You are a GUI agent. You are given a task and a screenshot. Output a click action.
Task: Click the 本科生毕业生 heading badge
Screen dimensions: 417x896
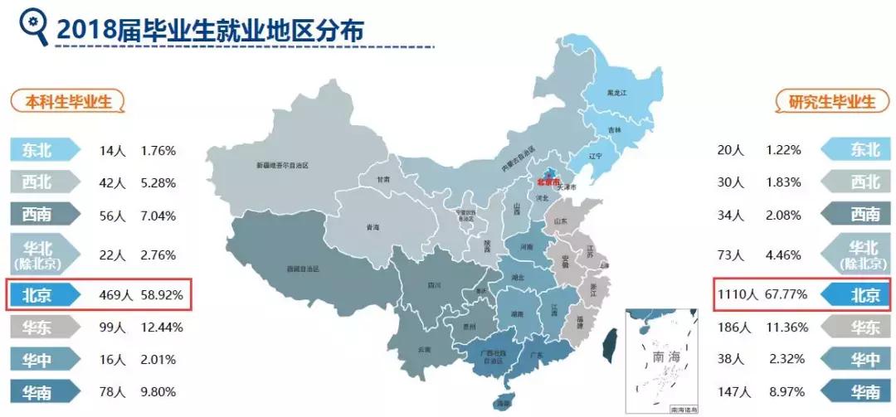tap(68, 101)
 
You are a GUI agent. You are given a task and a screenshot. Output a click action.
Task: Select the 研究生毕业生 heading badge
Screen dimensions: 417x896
tap(825, 101)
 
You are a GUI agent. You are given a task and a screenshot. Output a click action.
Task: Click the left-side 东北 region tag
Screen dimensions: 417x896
tap(43, 150)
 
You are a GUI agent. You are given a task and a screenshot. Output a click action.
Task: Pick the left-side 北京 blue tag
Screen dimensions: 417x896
tap(43, 294)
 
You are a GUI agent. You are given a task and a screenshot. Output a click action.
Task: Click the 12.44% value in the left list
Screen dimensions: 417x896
tap(163, 327)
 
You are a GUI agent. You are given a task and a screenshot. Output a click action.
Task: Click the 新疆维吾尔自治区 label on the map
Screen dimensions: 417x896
tap(282, 166)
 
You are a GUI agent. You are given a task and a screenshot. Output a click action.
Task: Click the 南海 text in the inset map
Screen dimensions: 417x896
tap(665, 357)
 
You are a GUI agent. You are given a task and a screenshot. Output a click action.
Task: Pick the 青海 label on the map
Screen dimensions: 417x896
tap(373, 226)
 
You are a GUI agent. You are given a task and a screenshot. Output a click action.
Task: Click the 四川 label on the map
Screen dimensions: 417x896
tap(433, 284)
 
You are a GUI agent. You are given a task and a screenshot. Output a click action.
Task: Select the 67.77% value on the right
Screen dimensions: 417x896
tap(784, 294)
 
